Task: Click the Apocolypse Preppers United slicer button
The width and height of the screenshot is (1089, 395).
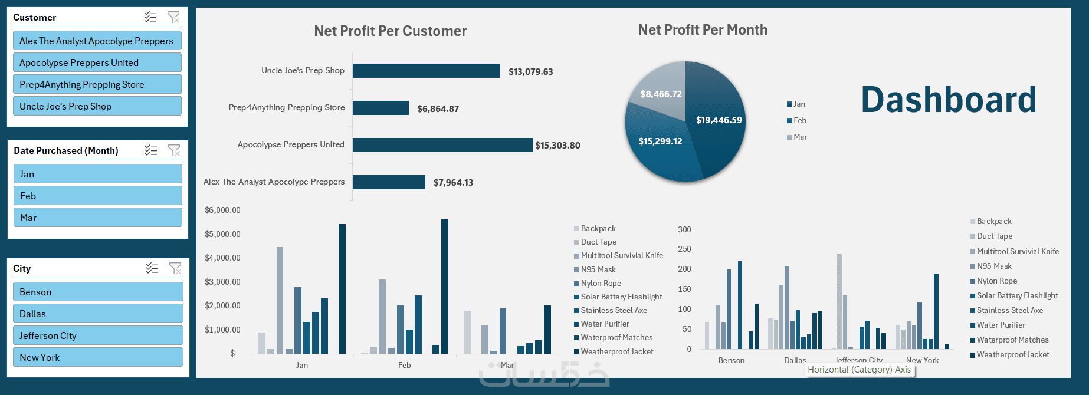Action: (97, 62)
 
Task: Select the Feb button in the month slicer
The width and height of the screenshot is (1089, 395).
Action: (97, 196)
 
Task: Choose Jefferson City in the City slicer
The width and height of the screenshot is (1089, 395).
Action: (97, 335)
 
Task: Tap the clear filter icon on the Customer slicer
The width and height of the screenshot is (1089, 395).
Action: (173, 17)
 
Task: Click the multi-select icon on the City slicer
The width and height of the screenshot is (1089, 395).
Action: (152, 268)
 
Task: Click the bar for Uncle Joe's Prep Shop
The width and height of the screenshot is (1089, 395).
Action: (426, 71)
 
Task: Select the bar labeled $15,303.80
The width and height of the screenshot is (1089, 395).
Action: (442, 145)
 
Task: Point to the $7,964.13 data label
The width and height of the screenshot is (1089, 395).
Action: (453, 183)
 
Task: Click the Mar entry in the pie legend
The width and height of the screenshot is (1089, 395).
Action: (797, 137)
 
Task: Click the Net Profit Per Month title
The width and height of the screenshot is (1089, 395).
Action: (703, 30)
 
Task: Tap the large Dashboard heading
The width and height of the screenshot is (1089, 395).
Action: (948, 100)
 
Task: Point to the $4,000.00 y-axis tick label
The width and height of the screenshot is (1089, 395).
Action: (222, 258)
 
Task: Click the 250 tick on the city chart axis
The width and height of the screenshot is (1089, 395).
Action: (684, 249)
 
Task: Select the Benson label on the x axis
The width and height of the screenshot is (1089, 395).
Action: (731, 360)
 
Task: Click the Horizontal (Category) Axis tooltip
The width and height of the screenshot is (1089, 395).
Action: (859, 370)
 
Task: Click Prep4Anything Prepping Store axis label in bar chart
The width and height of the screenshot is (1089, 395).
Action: (286, 107)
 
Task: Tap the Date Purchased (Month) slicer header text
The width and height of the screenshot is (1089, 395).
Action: (66, 150)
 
